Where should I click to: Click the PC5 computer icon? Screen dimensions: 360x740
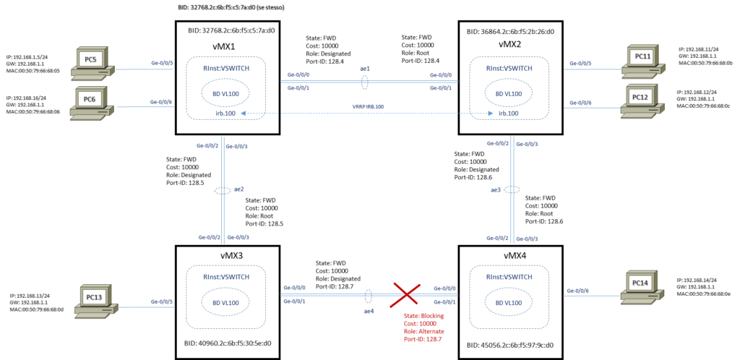(92, 63)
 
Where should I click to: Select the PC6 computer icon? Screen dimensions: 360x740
(91, 103)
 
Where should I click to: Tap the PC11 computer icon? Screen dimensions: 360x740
(642, 61)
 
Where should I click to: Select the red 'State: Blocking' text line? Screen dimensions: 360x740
(424, 316)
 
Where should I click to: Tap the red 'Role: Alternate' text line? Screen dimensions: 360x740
(424, 331)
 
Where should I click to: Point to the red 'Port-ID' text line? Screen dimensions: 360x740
(423, 338)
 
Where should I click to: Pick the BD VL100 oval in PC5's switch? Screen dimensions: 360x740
(225, 93)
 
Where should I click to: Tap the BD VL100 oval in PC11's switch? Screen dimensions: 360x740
(509, 93)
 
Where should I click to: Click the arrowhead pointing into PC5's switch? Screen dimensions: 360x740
(243, 113)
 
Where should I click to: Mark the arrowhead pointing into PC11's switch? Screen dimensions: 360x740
(490, 113)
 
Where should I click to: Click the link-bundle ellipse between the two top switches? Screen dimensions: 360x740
(365, 82)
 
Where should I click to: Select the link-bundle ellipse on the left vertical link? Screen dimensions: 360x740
(223, 190)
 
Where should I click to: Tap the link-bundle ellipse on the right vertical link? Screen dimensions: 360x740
(512, 189)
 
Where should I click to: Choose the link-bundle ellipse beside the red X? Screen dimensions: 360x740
(369, 296)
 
